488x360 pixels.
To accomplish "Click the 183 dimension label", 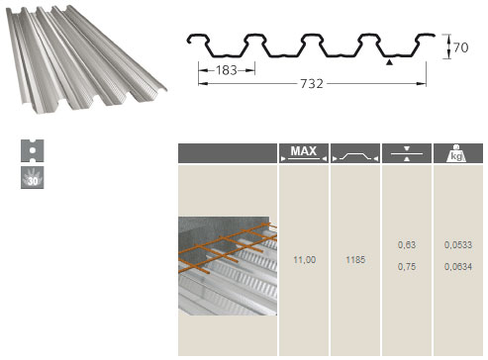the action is (227, 70).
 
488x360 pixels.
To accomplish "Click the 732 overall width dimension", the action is (312, 84).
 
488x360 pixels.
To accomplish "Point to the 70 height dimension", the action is (461, 47).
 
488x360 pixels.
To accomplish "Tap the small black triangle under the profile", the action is (390, 62).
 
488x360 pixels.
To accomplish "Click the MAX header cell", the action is (304, 153).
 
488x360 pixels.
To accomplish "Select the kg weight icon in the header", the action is (456, 153).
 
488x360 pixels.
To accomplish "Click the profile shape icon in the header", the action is (355, 156).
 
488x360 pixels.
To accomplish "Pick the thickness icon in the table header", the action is (407, 153).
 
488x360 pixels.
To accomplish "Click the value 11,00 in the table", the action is (305, 260).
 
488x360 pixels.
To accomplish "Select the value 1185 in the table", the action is (355, 260).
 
